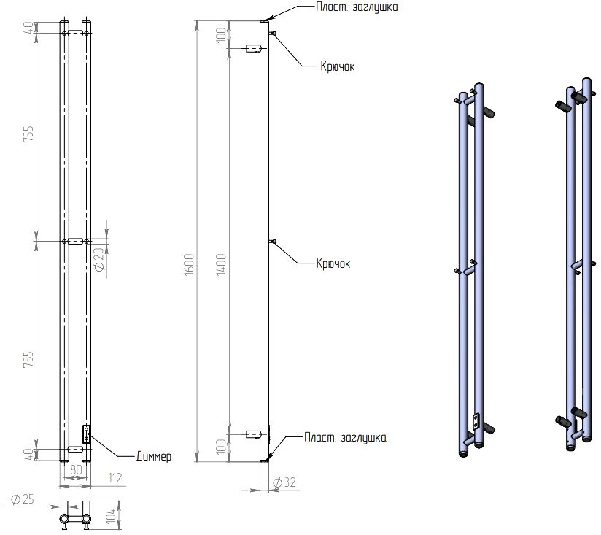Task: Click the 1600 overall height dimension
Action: tap(189, 264)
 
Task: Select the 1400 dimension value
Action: tap(221, 264)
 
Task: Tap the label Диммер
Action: tap(154, 456)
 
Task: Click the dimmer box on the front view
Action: tap(87, 434)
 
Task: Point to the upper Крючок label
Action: tap(338, 66)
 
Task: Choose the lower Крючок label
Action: tap(333, 263)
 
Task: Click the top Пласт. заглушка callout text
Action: tap(357, 7)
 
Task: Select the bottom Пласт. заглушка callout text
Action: tap(345, 438)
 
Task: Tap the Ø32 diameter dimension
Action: tap(284, 482)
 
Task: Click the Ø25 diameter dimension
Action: tap(22, 499)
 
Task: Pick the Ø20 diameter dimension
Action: tap(99, 259)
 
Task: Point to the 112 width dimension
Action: tap(115, 478)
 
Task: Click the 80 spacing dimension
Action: tap(77, 470)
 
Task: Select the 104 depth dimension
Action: tap(111, 516)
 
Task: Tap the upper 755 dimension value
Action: tap(28, 134)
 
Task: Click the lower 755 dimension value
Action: tap(28, 359)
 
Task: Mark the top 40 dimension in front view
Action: tap(28, 28)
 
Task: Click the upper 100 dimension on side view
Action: tap(221, 35)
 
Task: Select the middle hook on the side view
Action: tap(273, 242)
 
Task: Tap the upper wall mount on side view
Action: tap(253, 49)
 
